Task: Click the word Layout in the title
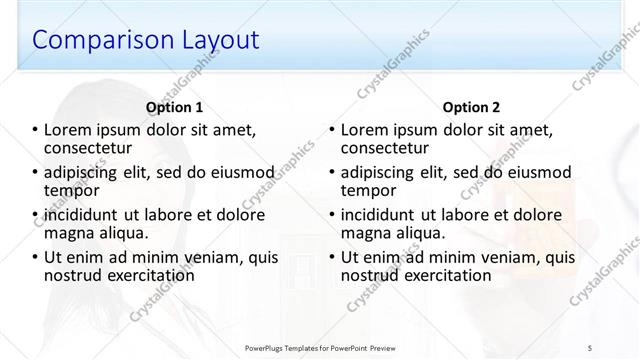click(x=217, y=41)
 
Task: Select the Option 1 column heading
click(x=174, y=107)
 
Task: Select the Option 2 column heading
click(x=472, y=107)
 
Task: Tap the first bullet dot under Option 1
click(x=36, y=130)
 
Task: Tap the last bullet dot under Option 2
click(x=333, y=257)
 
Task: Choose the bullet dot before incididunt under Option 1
click(x=36, y=215)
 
